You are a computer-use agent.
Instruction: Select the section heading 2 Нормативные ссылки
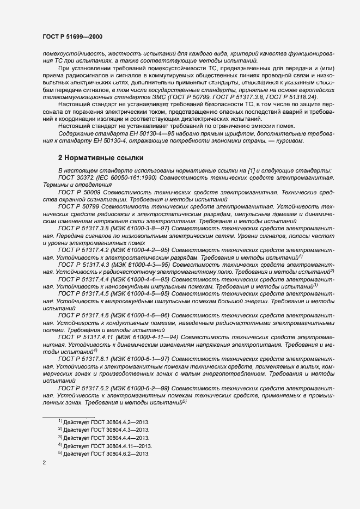tap(101, 158)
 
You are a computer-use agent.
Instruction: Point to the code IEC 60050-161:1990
tap(128, 179)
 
